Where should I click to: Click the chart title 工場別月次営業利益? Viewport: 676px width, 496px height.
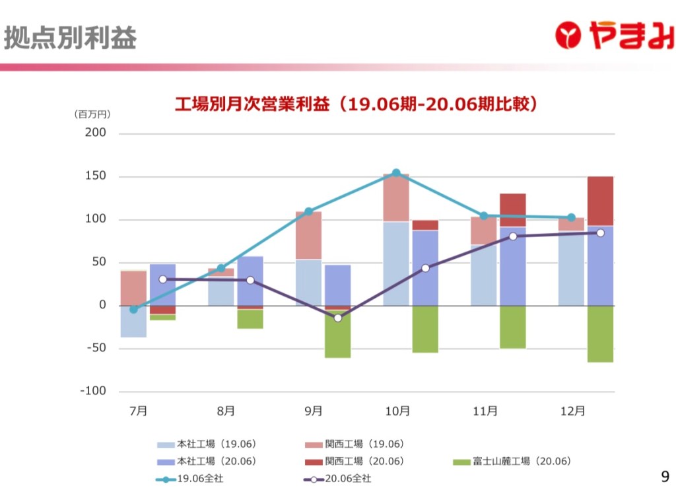pyautogui.click(x=357, y=104)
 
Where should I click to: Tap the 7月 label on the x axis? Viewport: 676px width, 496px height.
pyautogui.click(x=138, y=411)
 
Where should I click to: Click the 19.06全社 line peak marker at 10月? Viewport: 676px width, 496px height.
pyautogui.click(x=396, y=173)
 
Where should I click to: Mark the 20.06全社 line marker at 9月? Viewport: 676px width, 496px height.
pyautogui.click(x=338, y=318)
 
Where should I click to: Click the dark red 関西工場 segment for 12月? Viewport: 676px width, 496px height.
pyautogui.click(x=600, y=201)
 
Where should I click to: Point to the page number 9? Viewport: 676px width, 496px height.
pyautogui.click(x=664, y=476)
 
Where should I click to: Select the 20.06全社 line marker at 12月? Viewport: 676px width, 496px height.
pyautogui.click(x=600, y=232)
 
